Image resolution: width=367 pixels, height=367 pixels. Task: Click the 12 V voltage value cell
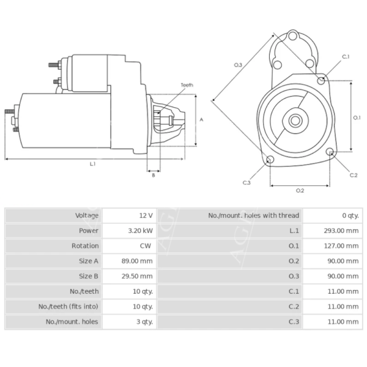(x=146, y=215)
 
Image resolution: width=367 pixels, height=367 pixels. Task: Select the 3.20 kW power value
(x=141, y=231)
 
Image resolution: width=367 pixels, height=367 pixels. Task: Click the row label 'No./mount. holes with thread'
(x=253, y=215)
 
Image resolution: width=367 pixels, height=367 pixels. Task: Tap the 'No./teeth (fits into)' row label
(x=69, y=306)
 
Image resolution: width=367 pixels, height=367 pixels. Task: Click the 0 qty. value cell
(x=350, y=215)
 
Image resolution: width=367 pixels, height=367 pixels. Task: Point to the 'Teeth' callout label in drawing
(x=187, y=85)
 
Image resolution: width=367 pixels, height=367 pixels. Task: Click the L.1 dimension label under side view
(x=93, y=164)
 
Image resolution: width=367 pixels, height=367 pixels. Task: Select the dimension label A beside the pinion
(x=201, y=120)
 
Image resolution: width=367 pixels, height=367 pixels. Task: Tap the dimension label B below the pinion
(x=154, y=176)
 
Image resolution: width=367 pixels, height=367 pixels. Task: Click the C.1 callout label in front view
(x=346, y=57)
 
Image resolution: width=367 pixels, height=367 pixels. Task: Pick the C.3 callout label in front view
(x=247, y=182)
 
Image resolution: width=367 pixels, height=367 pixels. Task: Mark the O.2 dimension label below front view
(x=300, y=191)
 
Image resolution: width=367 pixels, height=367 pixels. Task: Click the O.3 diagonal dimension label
(x=238, y=65)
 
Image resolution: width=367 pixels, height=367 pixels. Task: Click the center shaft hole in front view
(x=295, y=120)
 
